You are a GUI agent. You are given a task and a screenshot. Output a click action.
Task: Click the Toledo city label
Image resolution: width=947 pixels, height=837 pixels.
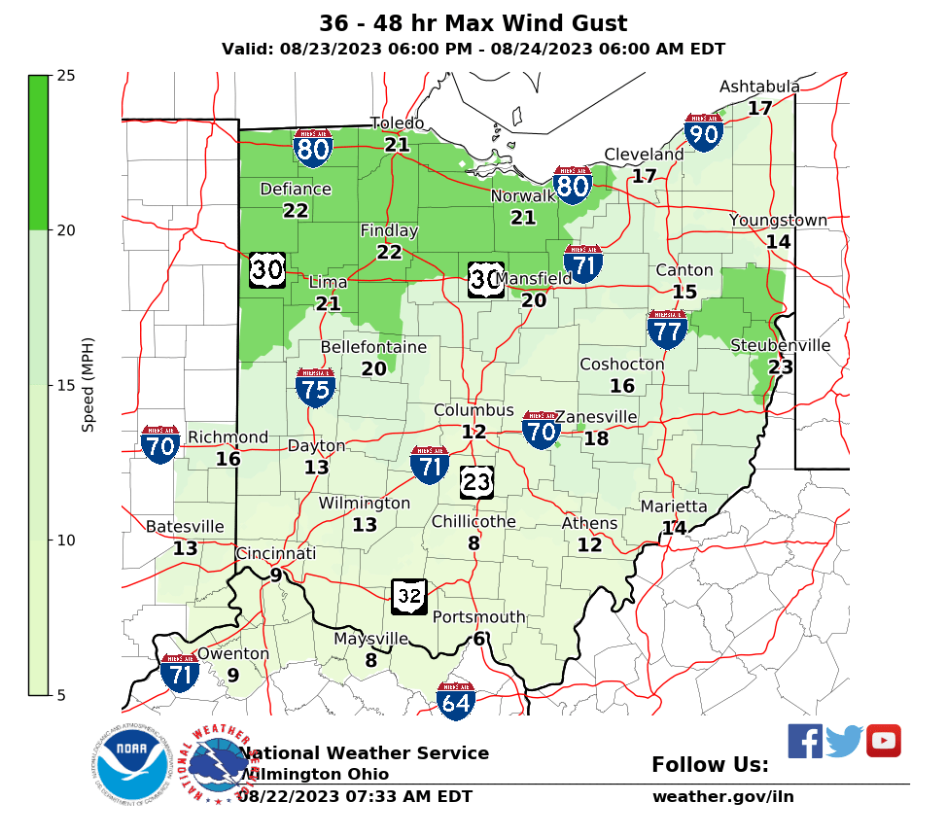[397, 123]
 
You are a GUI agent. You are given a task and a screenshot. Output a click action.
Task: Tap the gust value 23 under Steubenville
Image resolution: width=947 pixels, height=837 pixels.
[780, 367]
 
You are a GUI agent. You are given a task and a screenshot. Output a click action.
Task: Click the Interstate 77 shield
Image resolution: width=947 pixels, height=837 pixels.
[668, 331]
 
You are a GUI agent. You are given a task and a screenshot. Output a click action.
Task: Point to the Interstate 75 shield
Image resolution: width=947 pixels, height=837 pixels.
[316, 387]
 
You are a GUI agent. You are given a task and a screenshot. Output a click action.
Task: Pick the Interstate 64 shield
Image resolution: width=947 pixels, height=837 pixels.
[455, 701]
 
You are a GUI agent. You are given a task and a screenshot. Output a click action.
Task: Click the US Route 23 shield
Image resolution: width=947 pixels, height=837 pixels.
[476, 481]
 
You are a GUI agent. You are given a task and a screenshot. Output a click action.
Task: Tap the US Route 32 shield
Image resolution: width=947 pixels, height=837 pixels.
[409, 597]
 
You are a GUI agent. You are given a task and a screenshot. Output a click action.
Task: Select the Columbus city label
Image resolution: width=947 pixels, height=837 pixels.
[473, 411]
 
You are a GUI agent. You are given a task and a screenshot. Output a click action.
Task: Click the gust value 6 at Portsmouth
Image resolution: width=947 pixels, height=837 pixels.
[478, 639]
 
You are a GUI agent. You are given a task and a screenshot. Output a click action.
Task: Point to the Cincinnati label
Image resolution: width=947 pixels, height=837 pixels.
[276, 554]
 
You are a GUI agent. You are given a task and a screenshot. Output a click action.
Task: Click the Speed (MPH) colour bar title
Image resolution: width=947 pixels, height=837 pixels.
[88, 385]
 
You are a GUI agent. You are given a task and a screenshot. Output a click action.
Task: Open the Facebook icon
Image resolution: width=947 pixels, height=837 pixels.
[804, 742]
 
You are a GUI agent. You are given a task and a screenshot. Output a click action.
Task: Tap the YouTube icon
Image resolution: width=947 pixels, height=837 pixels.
[883, 741]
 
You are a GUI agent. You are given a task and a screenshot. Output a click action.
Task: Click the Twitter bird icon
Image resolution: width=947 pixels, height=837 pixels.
[844, 742]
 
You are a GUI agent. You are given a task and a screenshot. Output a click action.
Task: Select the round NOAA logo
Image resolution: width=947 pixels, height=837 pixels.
[132, 764]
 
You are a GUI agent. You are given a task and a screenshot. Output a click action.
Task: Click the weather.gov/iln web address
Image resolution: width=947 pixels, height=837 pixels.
[722, 797]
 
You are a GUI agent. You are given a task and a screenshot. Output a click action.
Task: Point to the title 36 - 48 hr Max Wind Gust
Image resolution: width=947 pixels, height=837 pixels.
[473, 24]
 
